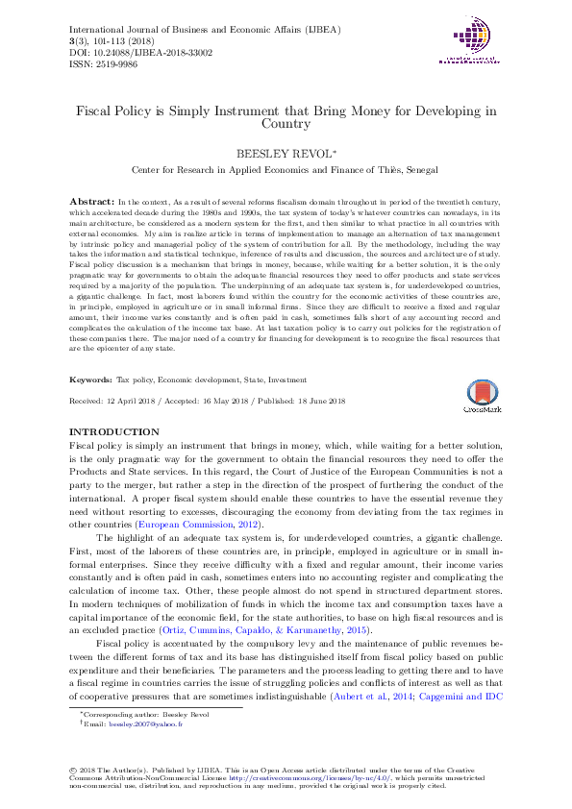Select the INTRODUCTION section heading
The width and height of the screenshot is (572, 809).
pyautogui.click(x=115, y=432)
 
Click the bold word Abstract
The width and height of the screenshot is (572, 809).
pyautogui.click(x=91, y=200)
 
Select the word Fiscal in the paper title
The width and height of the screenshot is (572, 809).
pyautogui.click(x=97, y=110)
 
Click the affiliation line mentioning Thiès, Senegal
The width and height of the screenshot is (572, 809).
pyautogui.click(x=286, y=169)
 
